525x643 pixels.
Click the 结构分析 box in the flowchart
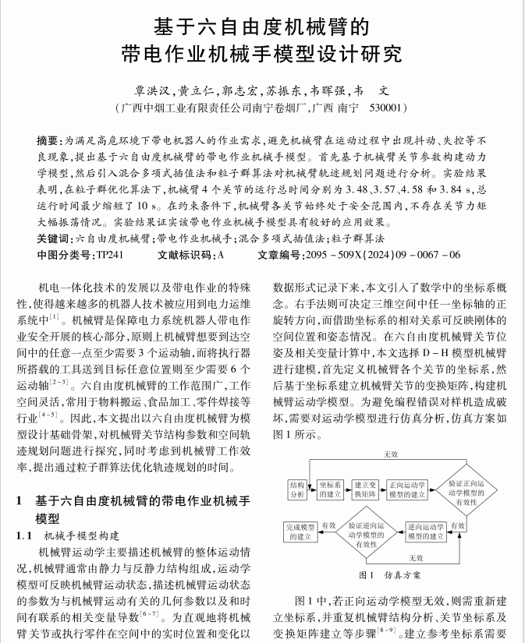(x=297, y=489)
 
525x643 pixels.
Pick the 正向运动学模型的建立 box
(x=406, y=489)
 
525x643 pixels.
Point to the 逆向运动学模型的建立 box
(x=426, y=532)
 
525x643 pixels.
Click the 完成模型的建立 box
(x=300, y=532)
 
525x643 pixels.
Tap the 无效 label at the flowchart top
(x=390, y=454)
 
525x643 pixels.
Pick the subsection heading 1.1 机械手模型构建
(x=69, y=535)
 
